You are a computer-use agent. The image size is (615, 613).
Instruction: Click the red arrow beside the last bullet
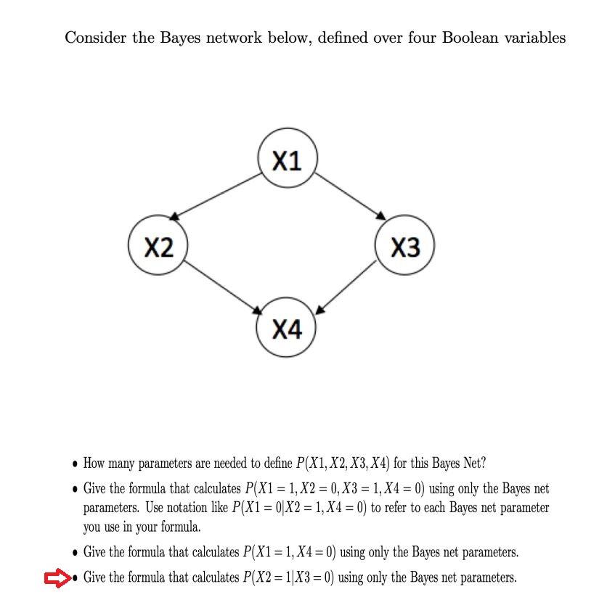click(56, 578)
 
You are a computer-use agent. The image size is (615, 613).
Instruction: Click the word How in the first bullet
click(95, 463)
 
